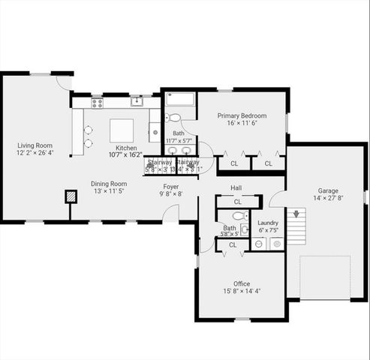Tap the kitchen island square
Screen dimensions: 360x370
pyautogui.click(x=122, y=130)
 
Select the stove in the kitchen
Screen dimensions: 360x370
pyautogui.click(x=97, y=103)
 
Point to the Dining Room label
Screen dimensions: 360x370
pyautogui.click(x=109, y=184)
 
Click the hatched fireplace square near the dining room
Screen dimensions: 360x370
pyautogui.click(x=71, y=196)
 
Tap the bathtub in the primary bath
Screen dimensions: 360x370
pyautogui.click(x=179, y=100)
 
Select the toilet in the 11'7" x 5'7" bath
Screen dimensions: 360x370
pyautogui.click(x=173, y=118)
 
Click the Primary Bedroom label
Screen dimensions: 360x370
pyautogui.click(x=242, y=115)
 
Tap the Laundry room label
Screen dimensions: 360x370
pyautogui.click(x=268, y=223)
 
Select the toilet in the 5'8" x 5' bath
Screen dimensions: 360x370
pyautogui.click(x=237, y=215)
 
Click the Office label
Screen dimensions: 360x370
pyautogui.click(x=242, y=284)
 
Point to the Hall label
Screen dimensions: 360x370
pyautogui.click(x=236, y=187)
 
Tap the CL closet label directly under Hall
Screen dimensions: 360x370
pyautogui.click(x=237, y=201)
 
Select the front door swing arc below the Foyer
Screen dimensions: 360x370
pyautogui.click(x=173, y=214)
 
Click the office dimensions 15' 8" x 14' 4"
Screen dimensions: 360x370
pyautogui.click(x=242, y=292)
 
